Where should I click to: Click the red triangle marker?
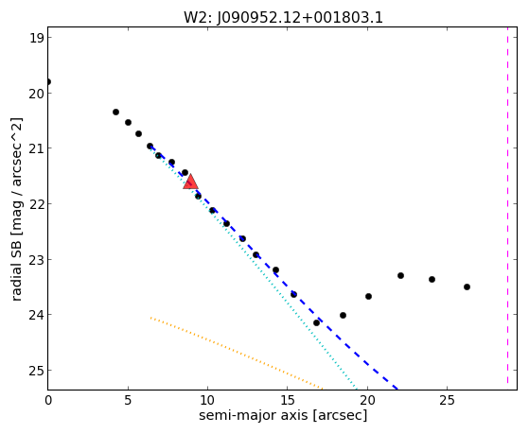point(190,182)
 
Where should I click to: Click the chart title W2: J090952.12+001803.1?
point(283,18)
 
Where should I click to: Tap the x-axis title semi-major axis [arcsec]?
point(283,415)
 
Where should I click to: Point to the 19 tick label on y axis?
point(36,38)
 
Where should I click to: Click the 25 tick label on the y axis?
point(36,371)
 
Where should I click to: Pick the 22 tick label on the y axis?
point(36,204)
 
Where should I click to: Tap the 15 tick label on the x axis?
point(287,400)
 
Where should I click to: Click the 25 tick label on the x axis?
point(447,400)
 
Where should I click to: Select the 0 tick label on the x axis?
point(48,400)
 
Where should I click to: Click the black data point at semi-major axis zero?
point(48,82)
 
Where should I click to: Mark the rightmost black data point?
point(467,287)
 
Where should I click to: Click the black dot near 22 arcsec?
point(401,276)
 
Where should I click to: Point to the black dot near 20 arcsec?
point(368,296)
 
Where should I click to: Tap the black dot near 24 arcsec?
point(432,280)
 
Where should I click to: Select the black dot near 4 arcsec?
point(115,112)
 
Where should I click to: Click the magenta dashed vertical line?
point(507,208)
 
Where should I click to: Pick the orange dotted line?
point(237,354)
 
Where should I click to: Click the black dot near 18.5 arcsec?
point(344,316)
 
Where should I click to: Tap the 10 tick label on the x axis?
point(207,400)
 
